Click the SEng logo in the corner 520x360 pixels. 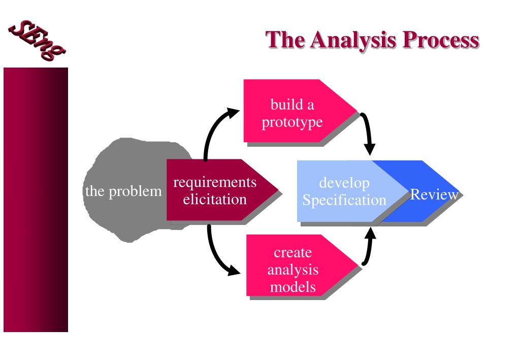[x=37, y=41]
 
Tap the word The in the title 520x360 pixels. [x=285, y=40]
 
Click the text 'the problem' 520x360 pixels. [x=123, y=191]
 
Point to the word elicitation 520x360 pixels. [x=215, y=199]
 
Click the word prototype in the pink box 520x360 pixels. [x=292, y=122]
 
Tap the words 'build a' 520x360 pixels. [x=292, y=105]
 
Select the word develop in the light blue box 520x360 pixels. [x=344, y=183]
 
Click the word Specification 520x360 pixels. [x=344, y=201]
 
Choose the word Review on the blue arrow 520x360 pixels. [x=435, y=194]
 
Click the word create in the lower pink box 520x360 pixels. [x=293, y=252]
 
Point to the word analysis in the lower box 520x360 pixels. [x=293, y=270]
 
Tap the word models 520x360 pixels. [x=293, y=287]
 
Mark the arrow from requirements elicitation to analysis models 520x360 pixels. [x=215, y=255]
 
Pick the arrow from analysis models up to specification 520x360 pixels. [x=369, y=247]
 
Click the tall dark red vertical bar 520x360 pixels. [x=36, y=200]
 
